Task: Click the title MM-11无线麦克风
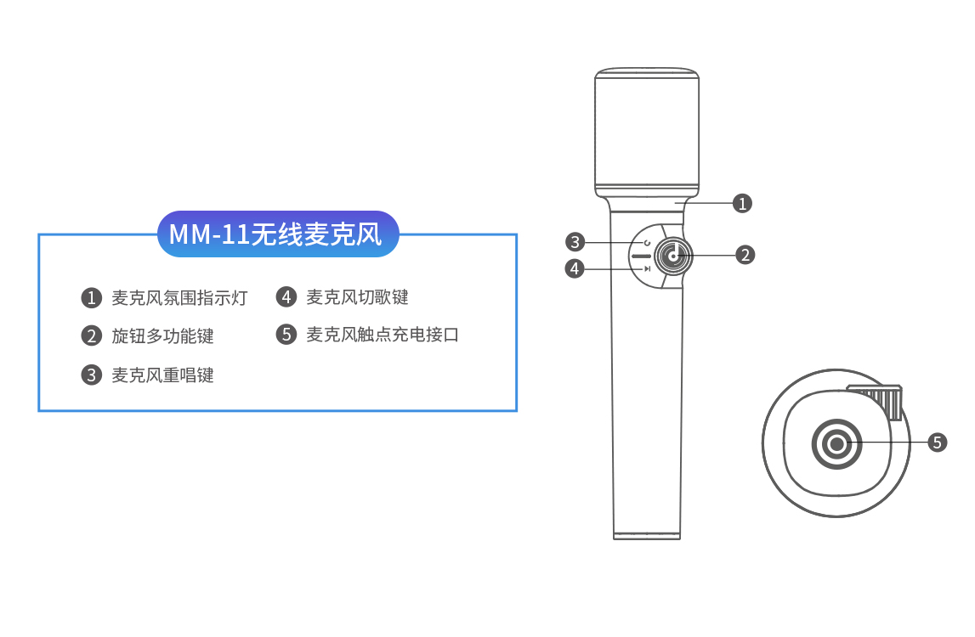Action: tap(277, 234)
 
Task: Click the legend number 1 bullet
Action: tap(91, 298)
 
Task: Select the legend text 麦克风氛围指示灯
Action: tap(179, 298)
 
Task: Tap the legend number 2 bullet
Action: tap(91, 336)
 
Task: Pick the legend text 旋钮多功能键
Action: tap(162, 336)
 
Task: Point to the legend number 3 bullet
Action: tap(91, 375)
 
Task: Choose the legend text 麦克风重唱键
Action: tap(162, 375)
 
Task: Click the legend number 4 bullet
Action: tap(286, 297)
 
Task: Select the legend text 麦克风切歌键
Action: tap(357, 297)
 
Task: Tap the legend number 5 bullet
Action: tap(286, 335)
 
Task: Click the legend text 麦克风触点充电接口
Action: tap(383, 335)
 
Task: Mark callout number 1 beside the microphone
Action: tap(743, 203)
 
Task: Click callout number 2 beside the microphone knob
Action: tap(745, 254)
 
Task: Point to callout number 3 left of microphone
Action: tap(575, 241)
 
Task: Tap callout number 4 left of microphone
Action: tap(575, 268)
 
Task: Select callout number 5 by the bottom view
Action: tap(937, 442)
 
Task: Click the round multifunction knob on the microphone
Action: tap(673, 255)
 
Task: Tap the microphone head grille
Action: tap(646, 132)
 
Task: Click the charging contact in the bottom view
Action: tap(836, 443)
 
